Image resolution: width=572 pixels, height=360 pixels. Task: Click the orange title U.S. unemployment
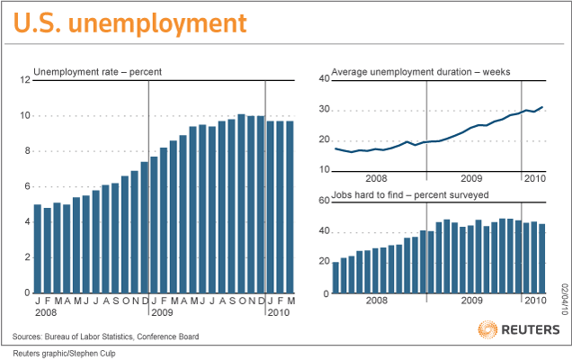[x=130, y=23]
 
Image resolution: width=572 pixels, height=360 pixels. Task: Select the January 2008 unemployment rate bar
[x=38, y=248]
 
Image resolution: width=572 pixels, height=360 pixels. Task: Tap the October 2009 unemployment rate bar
[x=241, y=203]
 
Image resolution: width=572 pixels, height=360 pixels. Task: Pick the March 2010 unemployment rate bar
[x=290, y=207]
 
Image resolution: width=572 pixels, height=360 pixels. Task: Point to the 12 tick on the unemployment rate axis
[x=25, y=79]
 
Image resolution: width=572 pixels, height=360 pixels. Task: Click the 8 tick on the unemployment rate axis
[x=27, y=151]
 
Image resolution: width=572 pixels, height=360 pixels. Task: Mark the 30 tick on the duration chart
[x=325, y=110]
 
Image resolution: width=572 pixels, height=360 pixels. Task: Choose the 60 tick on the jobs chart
[x=325, y=201]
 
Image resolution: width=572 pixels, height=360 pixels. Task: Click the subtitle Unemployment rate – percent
[x=97, y=72]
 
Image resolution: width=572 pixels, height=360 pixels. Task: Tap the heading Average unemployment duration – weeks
[x=421, y=72]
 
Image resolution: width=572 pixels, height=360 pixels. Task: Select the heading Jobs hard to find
[x=367, y=195]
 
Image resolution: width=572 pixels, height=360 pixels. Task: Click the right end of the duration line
[x=542, y=107]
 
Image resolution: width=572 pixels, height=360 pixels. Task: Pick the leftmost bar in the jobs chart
[x=335, y=277]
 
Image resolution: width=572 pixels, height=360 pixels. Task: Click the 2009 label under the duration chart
[x=471, y=178]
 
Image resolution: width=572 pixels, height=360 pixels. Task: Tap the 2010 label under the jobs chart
[x=535, y=301]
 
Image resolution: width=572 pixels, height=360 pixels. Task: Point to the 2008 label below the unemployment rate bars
[x=46, y=313]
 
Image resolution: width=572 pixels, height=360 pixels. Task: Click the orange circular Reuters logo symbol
[x=487, y=329]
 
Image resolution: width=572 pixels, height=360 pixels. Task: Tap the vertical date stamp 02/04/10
[x=565, y=300]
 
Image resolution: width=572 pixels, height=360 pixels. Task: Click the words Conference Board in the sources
[x=168, y=337]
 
